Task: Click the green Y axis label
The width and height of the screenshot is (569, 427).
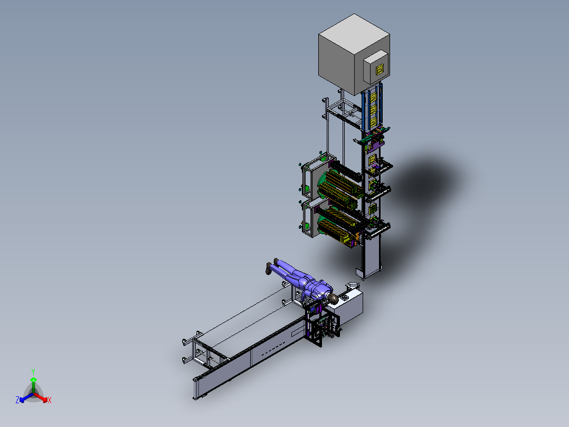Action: click(x=33, y=372)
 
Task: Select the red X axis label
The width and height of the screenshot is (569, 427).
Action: click(x=50, y=400)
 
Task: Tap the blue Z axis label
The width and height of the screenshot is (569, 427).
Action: click(x=17, y=400)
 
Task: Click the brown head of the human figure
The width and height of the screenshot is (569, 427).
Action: click(x=333, y=299)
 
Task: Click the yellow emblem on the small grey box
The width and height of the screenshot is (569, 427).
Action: click(x=380, y=69)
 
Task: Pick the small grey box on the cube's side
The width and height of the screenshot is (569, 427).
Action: click(x=376, y=67)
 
